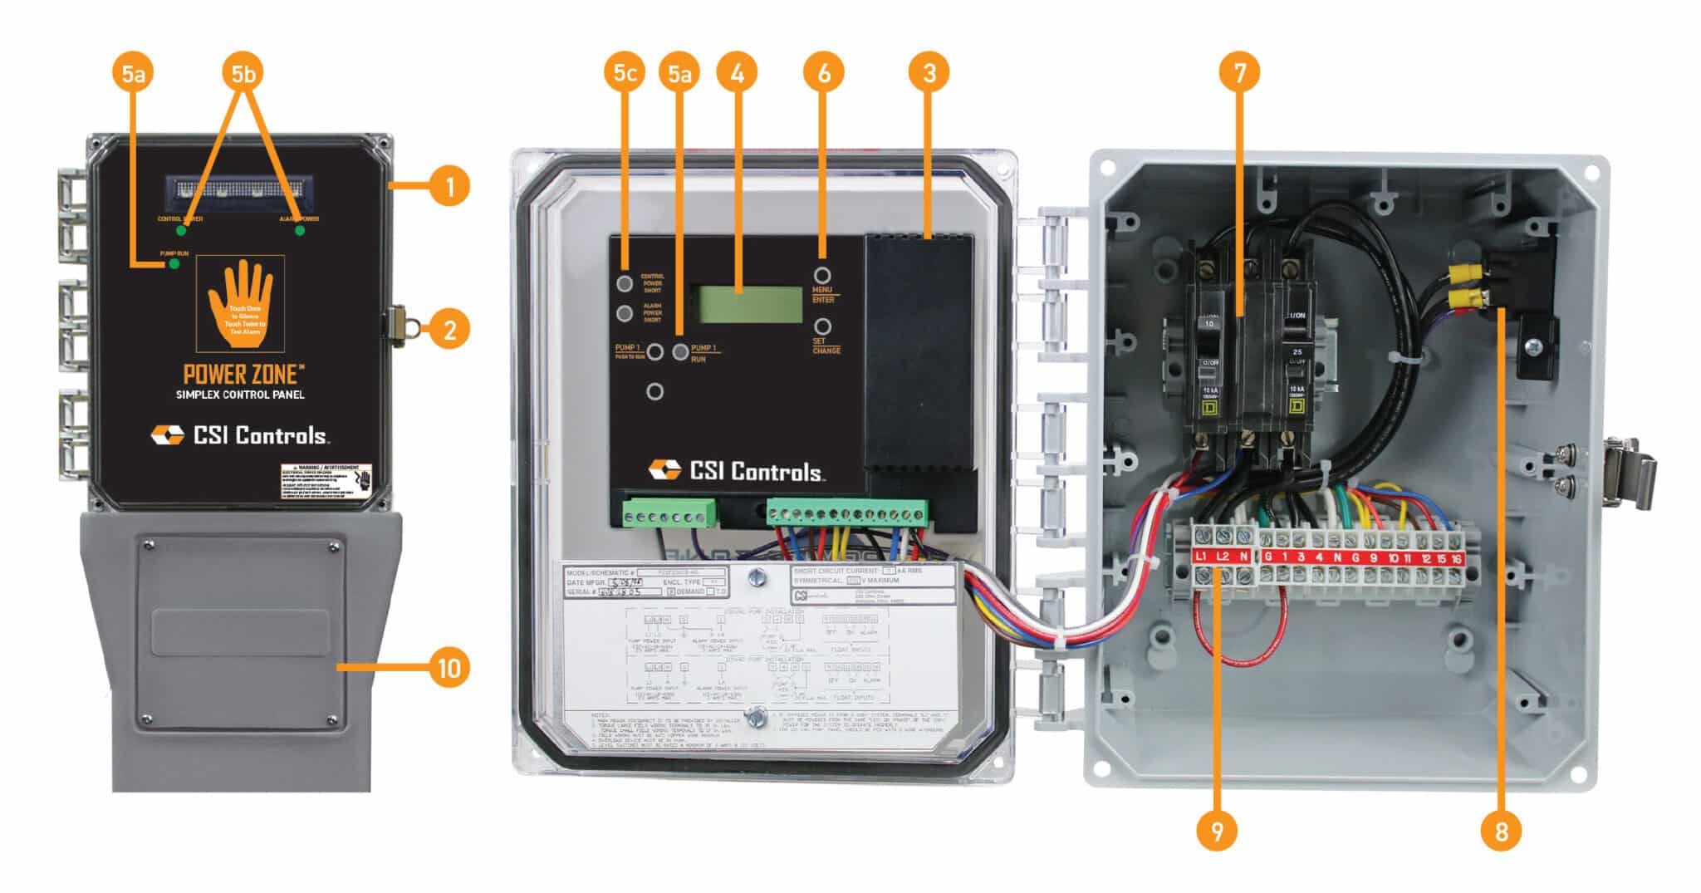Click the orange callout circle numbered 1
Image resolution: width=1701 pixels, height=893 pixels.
tap(449, 186)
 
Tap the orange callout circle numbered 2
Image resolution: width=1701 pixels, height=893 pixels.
tap(449, 330)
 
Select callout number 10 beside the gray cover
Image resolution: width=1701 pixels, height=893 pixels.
tap(449, 667)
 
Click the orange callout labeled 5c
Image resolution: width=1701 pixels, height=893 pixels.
tap(625, 73)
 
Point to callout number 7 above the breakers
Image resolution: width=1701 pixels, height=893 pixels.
tap(1239, 73)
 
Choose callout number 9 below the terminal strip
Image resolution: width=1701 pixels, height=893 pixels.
tap(1217, 831)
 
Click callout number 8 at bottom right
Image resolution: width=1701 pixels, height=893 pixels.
tap(1501, 831)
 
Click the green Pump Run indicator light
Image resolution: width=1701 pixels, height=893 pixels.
tap(174, 264)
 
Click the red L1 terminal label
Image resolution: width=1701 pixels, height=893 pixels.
tap(1201, 557)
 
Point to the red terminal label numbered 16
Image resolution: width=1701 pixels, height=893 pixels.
tap(1455, 558)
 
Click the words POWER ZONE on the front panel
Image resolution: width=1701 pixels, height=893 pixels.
tap(239, 374)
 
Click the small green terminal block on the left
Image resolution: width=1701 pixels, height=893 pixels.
tap(669, 513)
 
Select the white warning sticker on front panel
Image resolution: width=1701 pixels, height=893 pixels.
tap(326, 482)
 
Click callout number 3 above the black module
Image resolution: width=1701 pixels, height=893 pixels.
tap(929, 73)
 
